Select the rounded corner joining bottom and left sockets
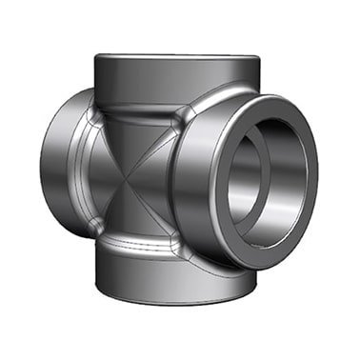[x=96, y=226]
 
